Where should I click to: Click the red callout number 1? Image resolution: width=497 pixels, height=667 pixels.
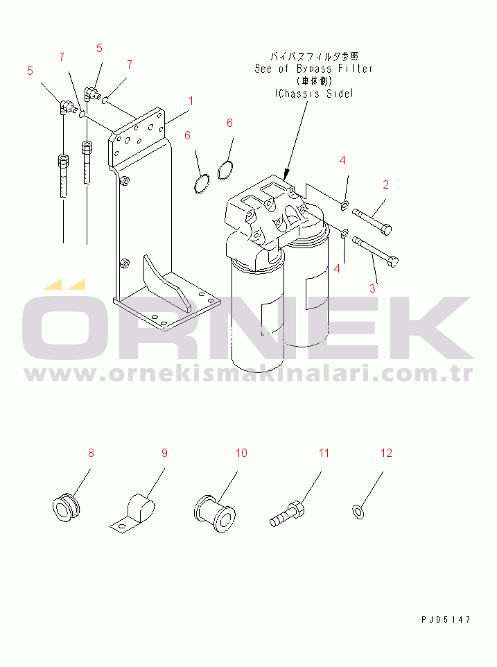[x=191, y=101]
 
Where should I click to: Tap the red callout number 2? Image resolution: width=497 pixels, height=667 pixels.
[x=385, y=184]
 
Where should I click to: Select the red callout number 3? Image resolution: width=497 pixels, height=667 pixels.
[x=372, y=288]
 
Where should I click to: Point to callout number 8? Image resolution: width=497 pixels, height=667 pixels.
[x=91, y=453]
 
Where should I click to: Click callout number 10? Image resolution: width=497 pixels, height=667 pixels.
[x=241, y=453]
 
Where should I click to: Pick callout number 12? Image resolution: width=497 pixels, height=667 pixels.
[x=386, y=453]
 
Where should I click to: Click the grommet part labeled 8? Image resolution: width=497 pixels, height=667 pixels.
[x=66, y=507]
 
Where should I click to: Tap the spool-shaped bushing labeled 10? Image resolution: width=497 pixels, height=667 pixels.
[x=215, y=514]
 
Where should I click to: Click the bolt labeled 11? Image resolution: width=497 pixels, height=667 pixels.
[x=287, y=514]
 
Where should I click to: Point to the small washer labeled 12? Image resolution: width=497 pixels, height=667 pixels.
[x=358, y=512]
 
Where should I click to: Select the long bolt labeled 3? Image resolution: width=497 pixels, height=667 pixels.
[x=376, y=252]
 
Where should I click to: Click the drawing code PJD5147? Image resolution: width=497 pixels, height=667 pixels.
[x=446, y=620]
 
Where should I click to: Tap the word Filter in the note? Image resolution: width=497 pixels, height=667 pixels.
[x=356, y=69]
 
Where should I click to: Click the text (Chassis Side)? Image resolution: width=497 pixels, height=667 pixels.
[x=314, y=93]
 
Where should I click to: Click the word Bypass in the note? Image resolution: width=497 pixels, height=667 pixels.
[x=314, y=69]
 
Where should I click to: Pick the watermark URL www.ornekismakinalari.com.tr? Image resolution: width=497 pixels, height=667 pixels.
[x=248, y=374]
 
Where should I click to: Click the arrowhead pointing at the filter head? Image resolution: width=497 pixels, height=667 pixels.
[x=287, y=173]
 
